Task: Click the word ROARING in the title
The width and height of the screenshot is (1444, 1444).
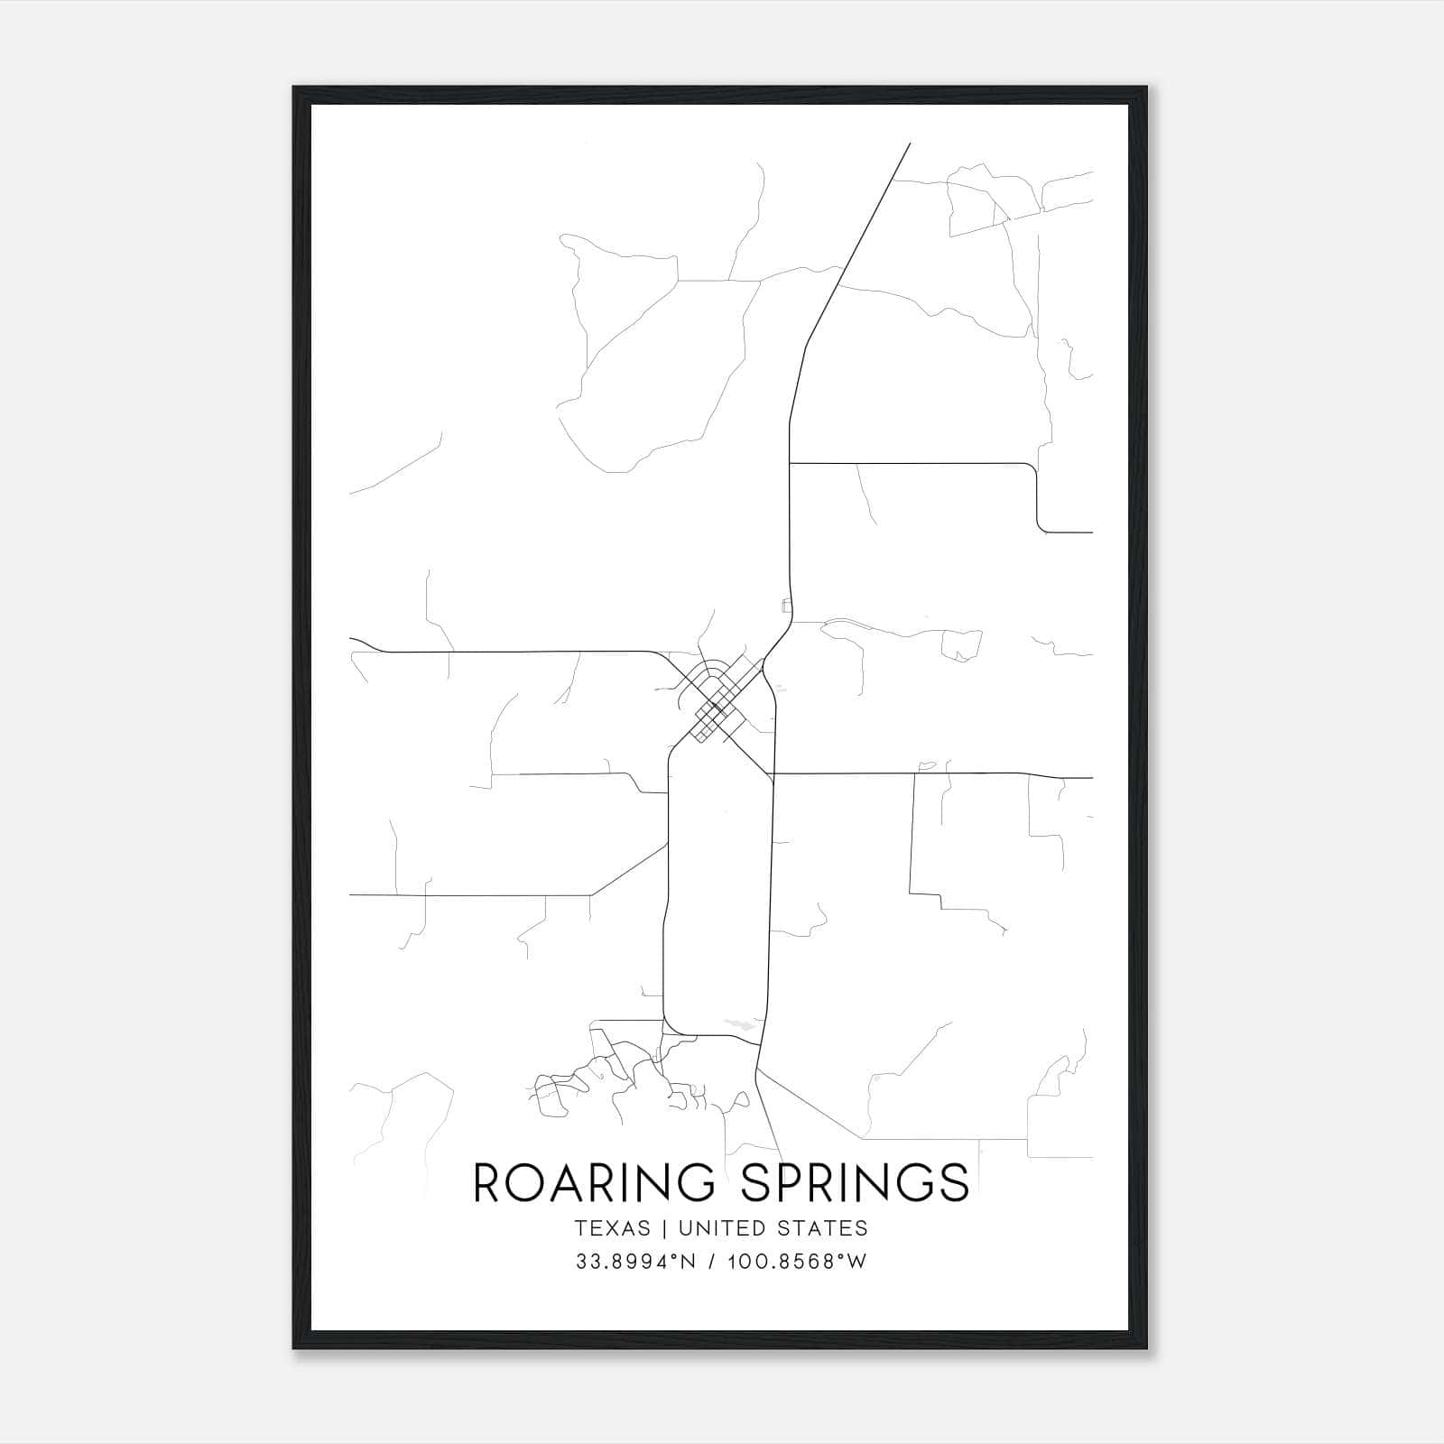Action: coord(595,1182)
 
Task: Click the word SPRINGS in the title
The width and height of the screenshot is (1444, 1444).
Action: coord(855,1182)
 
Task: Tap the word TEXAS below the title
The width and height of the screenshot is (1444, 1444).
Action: coord(611,1228)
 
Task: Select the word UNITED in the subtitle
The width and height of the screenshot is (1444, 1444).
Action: coord(717,1228)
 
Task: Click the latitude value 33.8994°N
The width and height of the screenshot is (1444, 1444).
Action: coord(634,1262)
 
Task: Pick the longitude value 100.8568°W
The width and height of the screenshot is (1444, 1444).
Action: coord(795,1262)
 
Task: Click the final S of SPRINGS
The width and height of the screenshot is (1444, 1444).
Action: coord(953,1182)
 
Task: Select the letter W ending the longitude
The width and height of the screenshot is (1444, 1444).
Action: coord(856,1262)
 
